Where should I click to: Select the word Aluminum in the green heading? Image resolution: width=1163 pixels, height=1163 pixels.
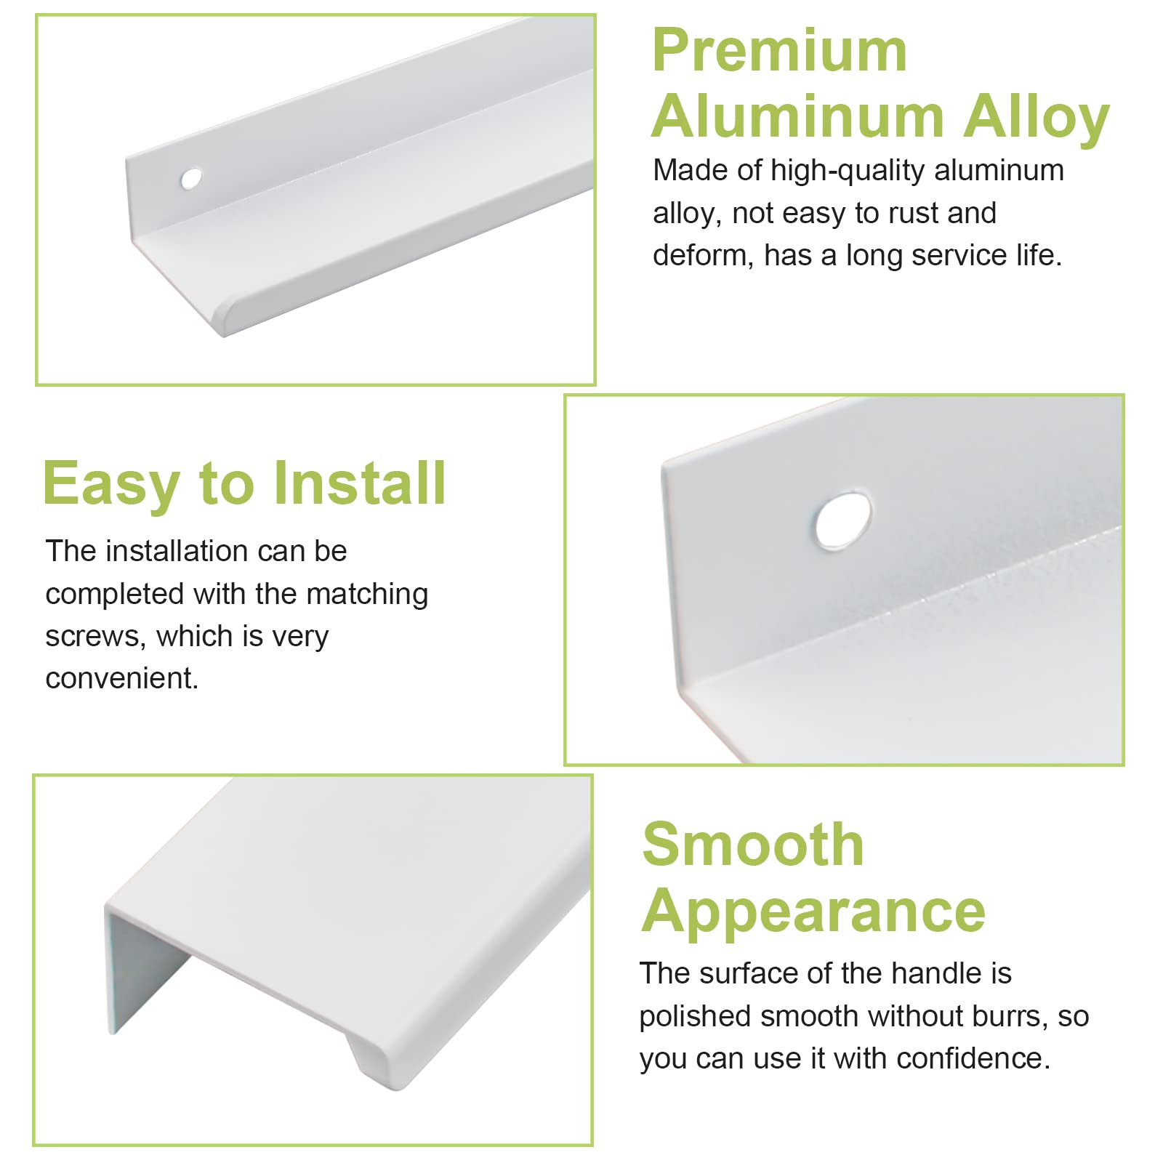[x=797, y=116]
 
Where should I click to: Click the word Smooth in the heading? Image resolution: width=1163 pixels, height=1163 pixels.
[x=753, y=844]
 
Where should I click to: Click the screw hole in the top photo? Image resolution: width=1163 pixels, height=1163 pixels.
[x=191, y=179]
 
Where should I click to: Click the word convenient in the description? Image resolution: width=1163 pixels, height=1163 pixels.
[x=122, y=679]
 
